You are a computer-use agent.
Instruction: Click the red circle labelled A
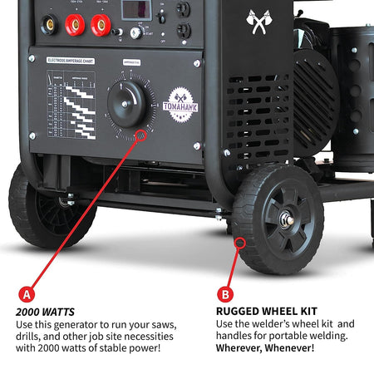click(x=27, y=294)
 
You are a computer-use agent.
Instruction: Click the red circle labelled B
click(x=224, y=294)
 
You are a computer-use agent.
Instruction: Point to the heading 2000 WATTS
click(x=42, y=312)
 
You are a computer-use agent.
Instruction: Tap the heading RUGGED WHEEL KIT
click(x=259, y=312)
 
